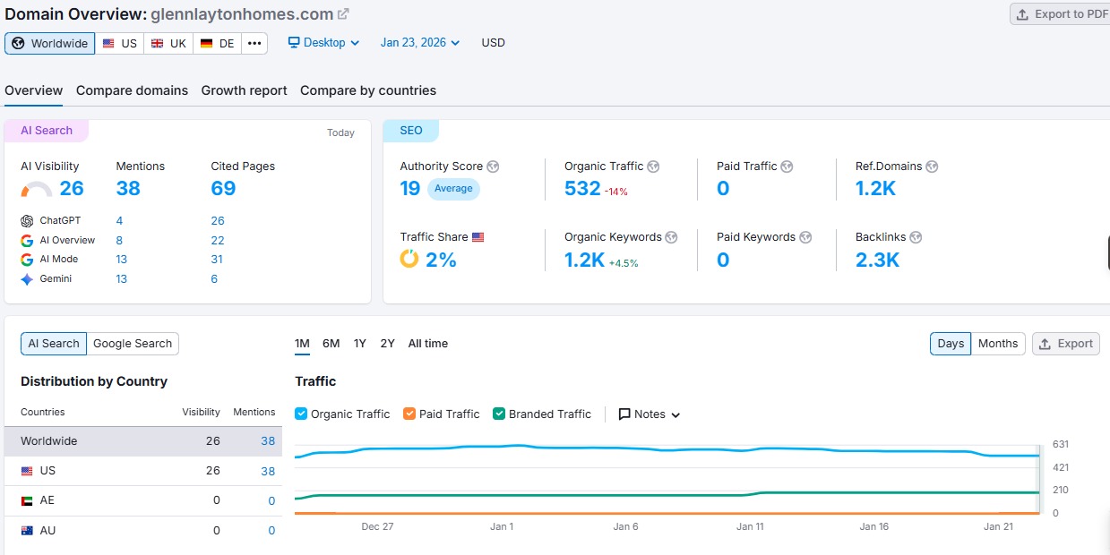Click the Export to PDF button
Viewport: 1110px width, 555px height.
[x=1061, y=14]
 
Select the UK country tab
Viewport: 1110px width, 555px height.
[x=168, y=43]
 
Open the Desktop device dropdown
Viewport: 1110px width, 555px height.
[x=323, y=43]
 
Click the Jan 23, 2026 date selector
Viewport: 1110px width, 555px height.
[x=419, y=43]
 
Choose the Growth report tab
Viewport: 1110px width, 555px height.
[x=244, y=90]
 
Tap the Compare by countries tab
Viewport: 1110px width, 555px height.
[x=368, y=90]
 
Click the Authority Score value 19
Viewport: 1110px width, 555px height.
[x=410, y=188]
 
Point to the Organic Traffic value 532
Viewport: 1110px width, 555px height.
[x=582, y=188]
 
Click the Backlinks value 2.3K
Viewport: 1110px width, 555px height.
[x=877, y=260]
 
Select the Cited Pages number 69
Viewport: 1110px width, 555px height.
[x=223, y=188]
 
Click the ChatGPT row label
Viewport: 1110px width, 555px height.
[x=61, y=221]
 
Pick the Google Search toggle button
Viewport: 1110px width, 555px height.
[x=133, y=344]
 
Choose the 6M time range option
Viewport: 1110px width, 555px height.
[x=331, y=344]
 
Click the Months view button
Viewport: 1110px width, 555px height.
[x=998, y=344]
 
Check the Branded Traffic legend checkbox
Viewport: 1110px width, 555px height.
[x=499, y=414]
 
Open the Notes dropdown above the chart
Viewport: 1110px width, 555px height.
[x=650, y=414]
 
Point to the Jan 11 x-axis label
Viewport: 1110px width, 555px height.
[x=750, y=526]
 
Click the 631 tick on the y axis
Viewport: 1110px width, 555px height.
[x=1061, y=444]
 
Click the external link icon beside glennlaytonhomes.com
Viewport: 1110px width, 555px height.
[x=343, y=14]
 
